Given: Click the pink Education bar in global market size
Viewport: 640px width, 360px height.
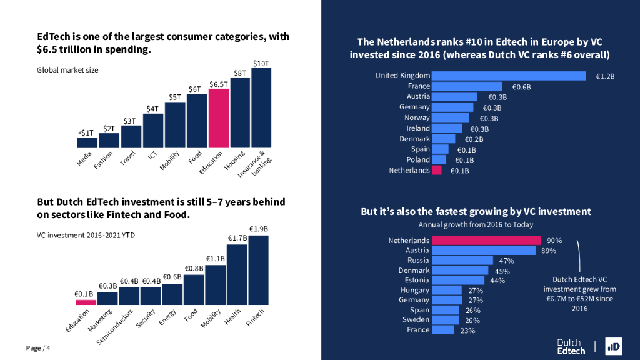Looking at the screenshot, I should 219,118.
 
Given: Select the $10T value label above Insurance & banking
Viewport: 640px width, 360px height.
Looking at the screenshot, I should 261,63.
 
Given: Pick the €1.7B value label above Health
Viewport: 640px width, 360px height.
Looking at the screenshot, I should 236,238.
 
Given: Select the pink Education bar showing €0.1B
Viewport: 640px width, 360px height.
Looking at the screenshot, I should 86,302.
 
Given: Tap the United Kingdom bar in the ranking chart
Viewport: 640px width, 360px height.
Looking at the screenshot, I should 509,76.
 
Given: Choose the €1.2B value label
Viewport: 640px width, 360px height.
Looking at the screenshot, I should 605,76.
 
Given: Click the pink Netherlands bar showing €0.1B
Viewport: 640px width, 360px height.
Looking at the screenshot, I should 437,170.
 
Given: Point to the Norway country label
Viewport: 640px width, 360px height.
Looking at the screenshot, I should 417,117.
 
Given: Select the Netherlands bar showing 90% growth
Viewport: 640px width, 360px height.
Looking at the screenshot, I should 487,241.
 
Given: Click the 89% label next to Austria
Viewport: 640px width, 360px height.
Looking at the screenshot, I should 549,251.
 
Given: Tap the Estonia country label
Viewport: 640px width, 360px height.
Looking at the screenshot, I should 416,280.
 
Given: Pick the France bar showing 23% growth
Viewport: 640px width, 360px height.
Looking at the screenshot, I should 443,330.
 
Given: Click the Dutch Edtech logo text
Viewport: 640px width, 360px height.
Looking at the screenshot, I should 571,347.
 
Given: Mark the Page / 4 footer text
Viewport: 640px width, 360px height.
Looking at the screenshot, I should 38,348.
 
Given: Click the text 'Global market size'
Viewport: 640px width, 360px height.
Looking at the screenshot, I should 67,70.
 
